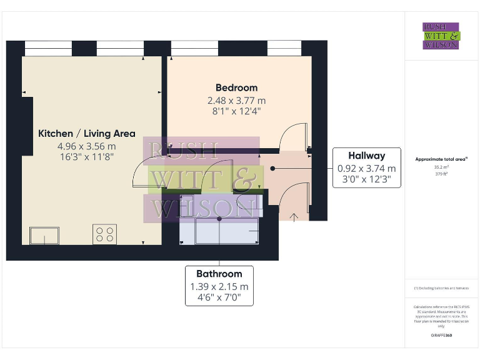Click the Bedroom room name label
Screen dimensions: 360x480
pyautogui.click(x=236, y=87)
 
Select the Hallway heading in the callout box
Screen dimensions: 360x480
pyautogui.click(x=366, y=156)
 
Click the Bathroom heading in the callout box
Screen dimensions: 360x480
pyautogui.click(x=219, y=274)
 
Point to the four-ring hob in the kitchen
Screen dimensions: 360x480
pyautogui.click(x=105, y=234)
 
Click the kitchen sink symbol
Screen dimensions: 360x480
pyautogui.click(x=44, y=236)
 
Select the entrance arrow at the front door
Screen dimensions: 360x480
pyautogui.click(x=295, y=216)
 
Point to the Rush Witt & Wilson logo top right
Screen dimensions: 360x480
pyautogui.click(x=441, y=36)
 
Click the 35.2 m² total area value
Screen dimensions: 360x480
pyautogui.click(x=441, y=167)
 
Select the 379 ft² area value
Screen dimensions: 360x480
pyautogui.click(x=441, y=174)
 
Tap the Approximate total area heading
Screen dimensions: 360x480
pyautogui.click(x=441, y=159)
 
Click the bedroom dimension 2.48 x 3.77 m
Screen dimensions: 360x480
pyautogui.click(x=236, y=100)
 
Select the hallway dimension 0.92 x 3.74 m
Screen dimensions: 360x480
pyautogui.click(x=366, y=168)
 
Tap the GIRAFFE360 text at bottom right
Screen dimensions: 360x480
pyautogui.click(x=441, y=336)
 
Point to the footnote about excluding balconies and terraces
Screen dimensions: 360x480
pyautogui.click(x=441, y=288)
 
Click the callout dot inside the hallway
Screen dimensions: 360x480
pyautogui.click(x=273, y=168)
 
